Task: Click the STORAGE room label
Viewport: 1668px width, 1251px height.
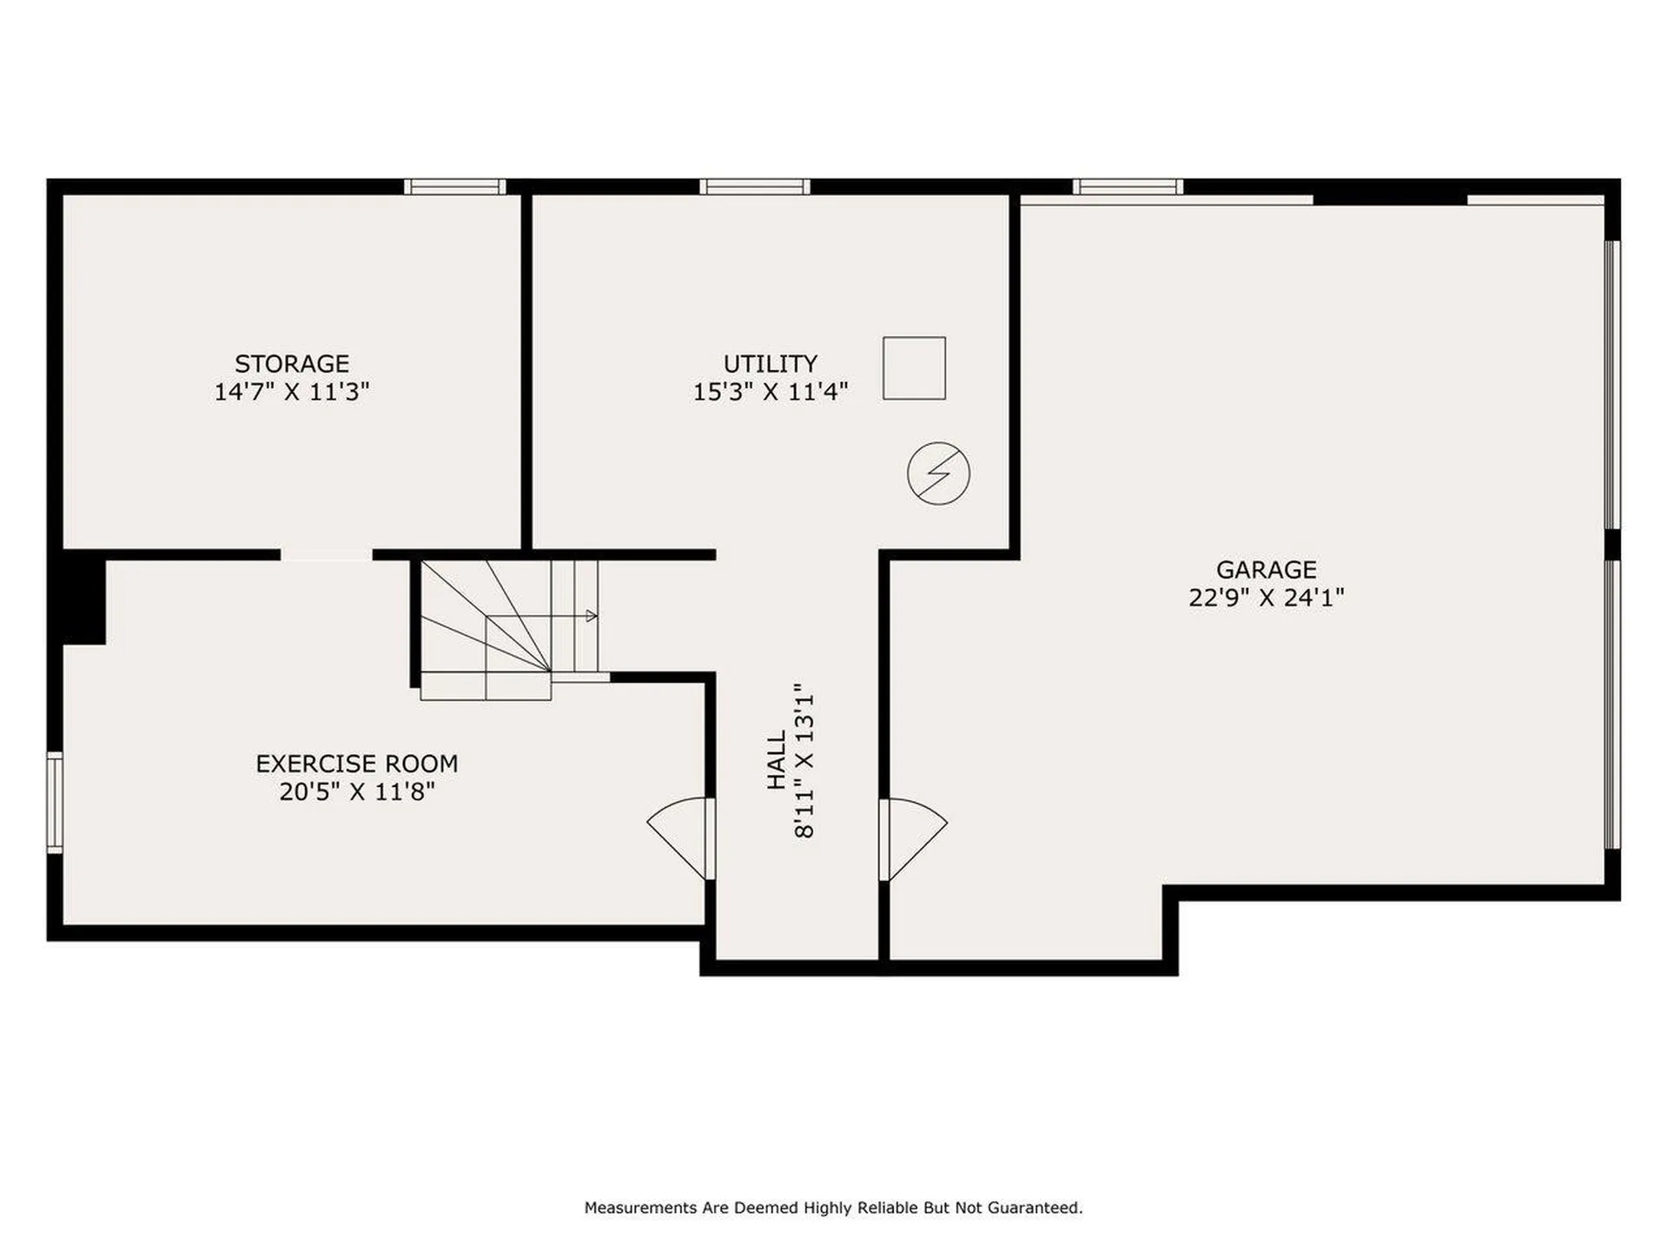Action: coord(292,363)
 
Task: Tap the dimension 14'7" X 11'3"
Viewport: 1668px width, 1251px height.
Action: coord(292,392)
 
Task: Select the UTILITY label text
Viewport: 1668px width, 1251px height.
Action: coord(771,363)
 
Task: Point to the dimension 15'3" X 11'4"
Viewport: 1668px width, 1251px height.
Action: coord(771,392)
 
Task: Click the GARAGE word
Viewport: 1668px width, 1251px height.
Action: coord(1266,570)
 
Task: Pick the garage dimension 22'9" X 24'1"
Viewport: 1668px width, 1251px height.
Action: coord(1266,598)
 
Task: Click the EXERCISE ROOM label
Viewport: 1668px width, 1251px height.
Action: coord(356,764)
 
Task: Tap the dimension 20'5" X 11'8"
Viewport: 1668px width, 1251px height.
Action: coord(356,791)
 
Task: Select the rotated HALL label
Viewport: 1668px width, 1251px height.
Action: coord(777,760)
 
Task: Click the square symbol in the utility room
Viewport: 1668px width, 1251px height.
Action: coord(914,368)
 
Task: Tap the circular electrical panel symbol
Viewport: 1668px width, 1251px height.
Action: coord(938,473)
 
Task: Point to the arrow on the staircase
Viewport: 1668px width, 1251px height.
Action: coord(591,616)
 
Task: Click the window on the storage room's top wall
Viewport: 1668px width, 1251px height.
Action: coord(454,187)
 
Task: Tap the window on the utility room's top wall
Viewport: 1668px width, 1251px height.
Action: coord(755,187)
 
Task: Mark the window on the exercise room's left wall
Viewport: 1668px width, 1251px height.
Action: coord(55,802)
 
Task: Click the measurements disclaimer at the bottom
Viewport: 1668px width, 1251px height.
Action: coord(833,1208)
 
